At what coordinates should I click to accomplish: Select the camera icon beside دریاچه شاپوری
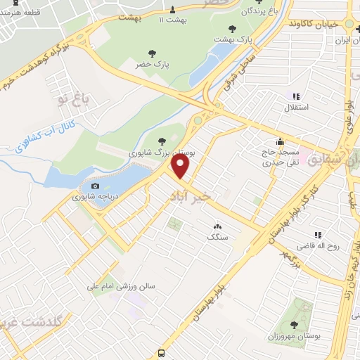coord(95,186)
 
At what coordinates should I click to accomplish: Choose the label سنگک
coord(217,238)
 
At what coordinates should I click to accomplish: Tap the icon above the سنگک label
coord(217,226)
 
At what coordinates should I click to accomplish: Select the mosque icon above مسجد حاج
coord(281,141)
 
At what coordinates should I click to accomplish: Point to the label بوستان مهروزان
coord(293,337)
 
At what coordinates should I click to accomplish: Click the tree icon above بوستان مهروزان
coord(293,325)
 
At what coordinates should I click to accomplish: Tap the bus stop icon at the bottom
coord(162,353)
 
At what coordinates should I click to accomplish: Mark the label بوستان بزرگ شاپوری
coord(163,152)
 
